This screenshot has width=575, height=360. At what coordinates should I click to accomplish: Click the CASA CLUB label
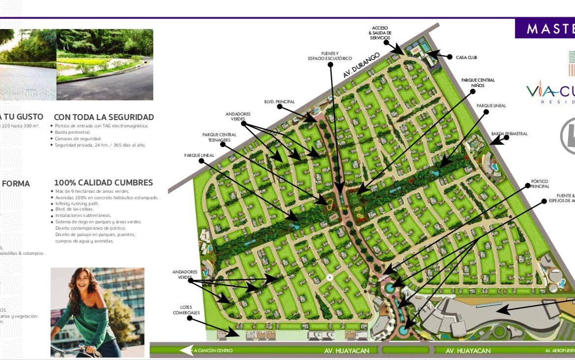[466, 58]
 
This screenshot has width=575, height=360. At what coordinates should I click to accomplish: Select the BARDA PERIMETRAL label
[509, 134]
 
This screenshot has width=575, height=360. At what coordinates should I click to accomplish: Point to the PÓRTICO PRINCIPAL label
[539, 184]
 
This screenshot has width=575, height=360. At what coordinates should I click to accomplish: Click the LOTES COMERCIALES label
[186, 310]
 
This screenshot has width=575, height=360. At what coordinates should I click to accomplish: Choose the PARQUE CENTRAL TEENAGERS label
[219, 137]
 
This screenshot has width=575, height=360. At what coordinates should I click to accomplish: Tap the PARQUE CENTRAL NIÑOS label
[478, 83]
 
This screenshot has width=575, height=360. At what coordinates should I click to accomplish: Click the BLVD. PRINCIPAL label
[279, 102]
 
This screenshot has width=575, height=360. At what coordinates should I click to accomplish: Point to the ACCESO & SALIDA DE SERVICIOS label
[380, 33]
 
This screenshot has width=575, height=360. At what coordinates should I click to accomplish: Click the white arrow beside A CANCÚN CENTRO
[186, 350]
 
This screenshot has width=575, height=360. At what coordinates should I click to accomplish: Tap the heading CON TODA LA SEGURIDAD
[104, 117]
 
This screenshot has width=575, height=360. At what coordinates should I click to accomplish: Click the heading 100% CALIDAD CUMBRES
[103, 182]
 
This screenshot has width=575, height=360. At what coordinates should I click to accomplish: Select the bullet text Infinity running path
[77, 204]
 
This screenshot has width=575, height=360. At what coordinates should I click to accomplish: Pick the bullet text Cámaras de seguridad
[78, 139]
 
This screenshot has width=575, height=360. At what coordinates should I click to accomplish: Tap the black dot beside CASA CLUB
[450, 57]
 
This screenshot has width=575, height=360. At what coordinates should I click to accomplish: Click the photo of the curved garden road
[105, 64]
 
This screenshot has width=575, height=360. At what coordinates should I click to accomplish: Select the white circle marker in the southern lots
[330, 278]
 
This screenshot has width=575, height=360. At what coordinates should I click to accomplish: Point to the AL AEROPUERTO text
[559, 351]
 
